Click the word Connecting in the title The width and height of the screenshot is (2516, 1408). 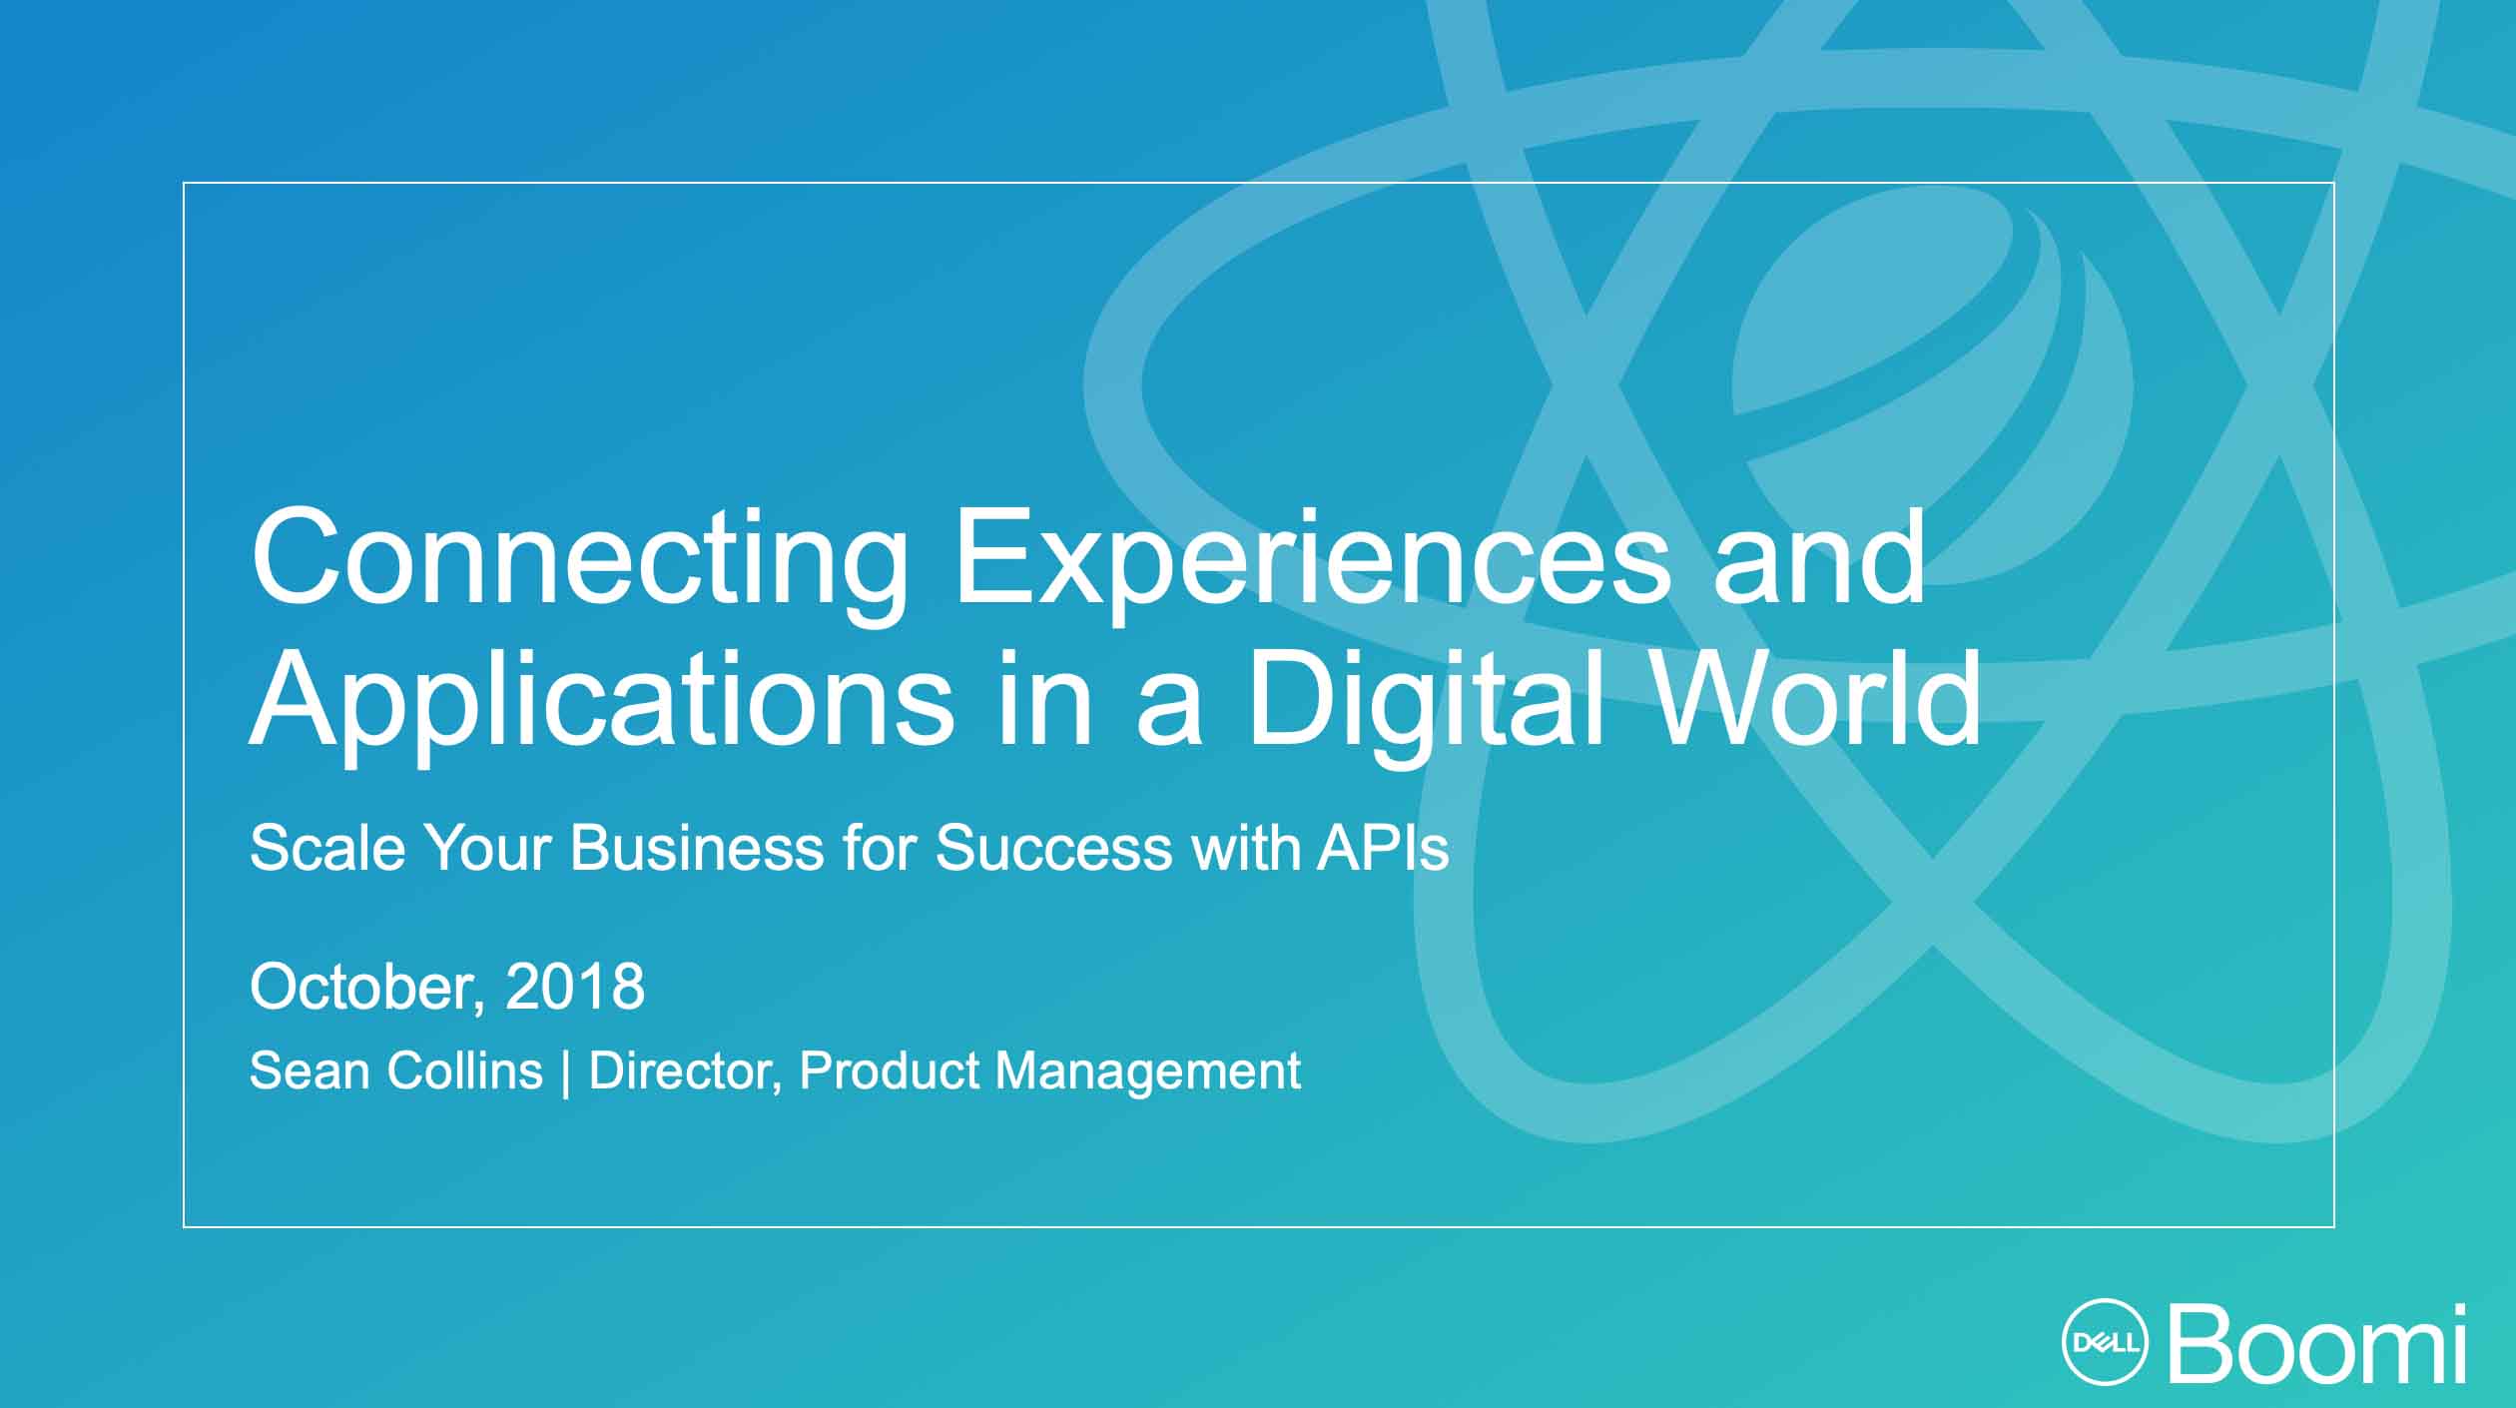point(579,564)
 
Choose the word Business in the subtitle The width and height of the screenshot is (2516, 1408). point(697,848)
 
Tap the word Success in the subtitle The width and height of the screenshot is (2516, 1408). point(1053,848)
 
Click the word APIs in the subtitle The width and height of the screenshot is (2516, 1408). point(1383,848)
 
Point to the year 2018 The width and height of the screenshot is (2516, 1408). point(575,987)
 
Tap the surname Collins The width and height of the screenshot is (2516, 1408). point(464,1070)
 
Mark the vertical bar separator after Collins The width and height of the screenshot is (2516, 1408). point(566,1072)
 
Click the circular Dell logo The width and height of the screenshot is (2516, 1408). point(2107,1343)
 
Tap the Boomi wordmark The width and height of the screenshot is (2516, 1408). point(2316,1343)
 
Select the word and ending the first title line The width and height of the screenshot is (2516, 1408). point(1819,557)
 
